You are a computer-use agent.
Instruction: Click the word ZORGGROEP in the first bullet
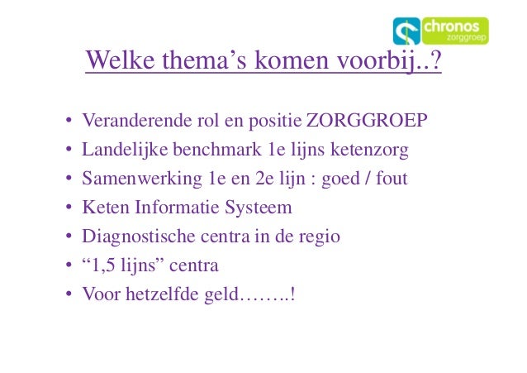click(367, 122)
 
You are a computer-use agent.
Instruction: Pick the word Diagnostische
click(137, 236)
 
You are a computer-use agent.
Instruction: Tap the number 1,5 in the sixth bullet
click(104, 265)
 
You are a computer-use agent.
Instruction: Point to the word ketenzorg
click(369, 151)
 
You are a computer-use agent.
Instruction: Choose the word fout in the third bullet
click(392, 179)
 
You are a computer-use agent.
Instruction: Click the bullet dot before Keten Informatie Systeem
click(69, 208)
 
